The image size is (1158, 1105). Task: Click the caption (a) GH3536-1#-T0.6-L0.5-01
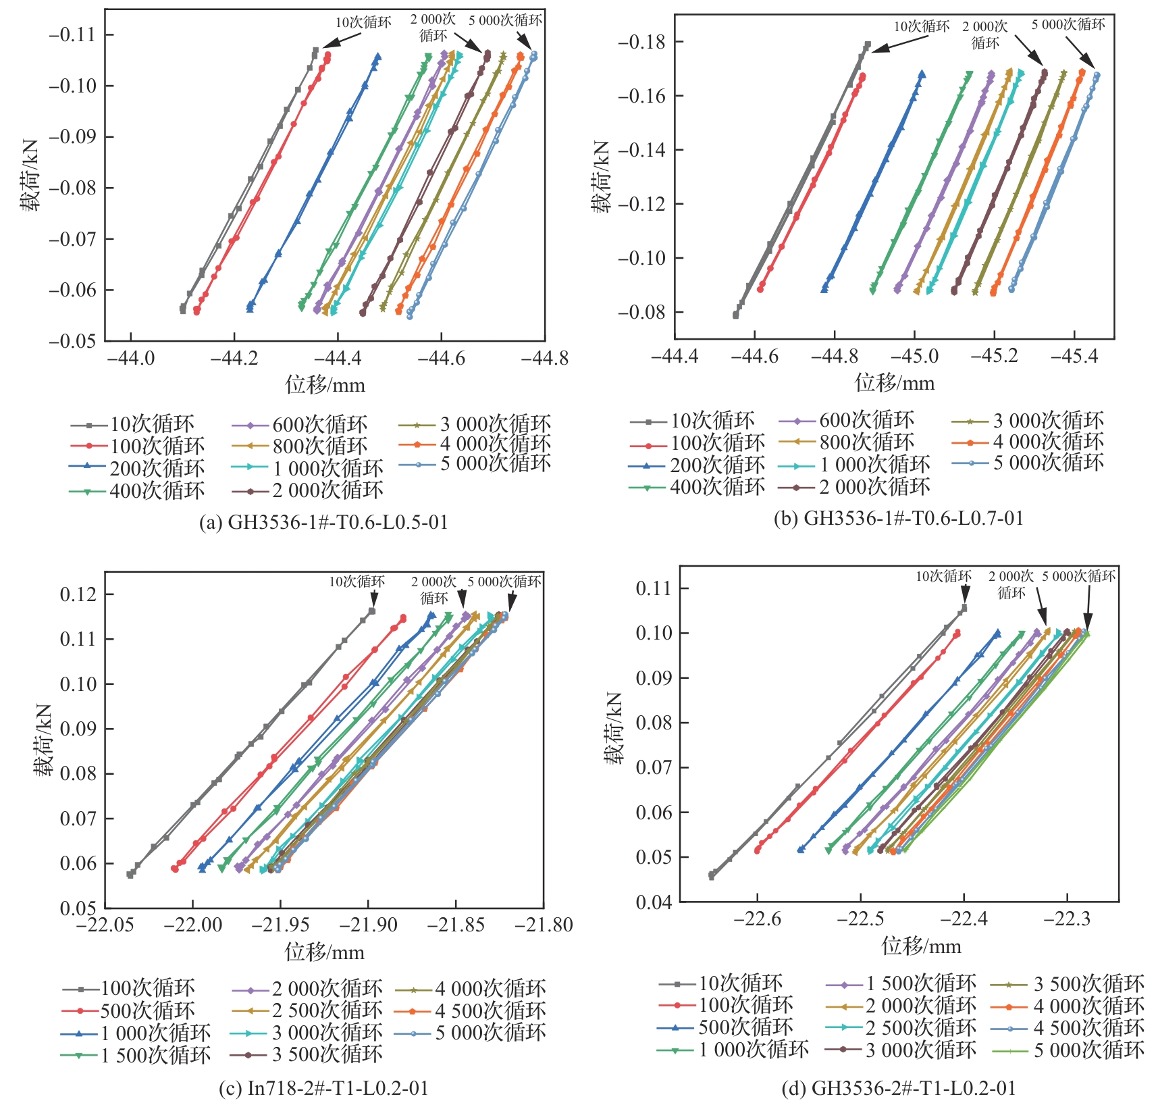click(323, 522)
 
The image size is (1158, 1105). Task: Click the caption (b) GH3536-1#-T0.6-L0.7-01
click(899, 518)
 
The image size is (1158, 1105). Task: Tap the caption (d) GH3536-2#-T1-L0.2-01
click(899, 1087)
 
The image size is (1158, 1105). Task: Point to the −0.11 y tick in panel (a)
click(72, 34)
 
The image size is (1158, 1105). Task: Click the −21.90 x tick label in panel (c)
click(368, 924)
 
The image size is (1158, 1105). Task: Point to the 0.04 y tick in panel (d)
click(654, 902)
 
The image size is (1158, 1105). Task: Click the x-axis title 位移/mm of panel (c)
click(324, 952)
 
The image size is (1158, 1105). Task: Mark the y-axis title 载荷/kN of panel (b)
click(602, 177)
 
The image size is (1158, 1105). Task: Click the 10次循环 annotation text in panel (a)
click(363, 22)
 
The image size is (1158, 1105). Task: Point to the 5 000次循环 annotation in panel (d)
click(1078, 576)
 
